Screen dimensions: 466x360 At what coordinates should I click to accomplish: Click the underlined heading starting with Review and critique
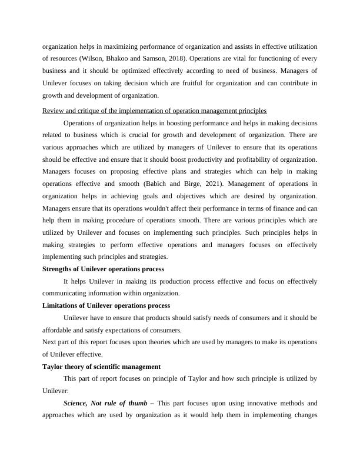point(155,111)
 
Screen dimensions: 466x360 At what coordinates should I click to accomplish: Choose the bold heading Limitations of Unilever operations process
point(106,305)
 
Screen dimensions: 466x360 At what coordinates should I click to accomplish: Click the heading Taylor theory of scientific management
point(102,367)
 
